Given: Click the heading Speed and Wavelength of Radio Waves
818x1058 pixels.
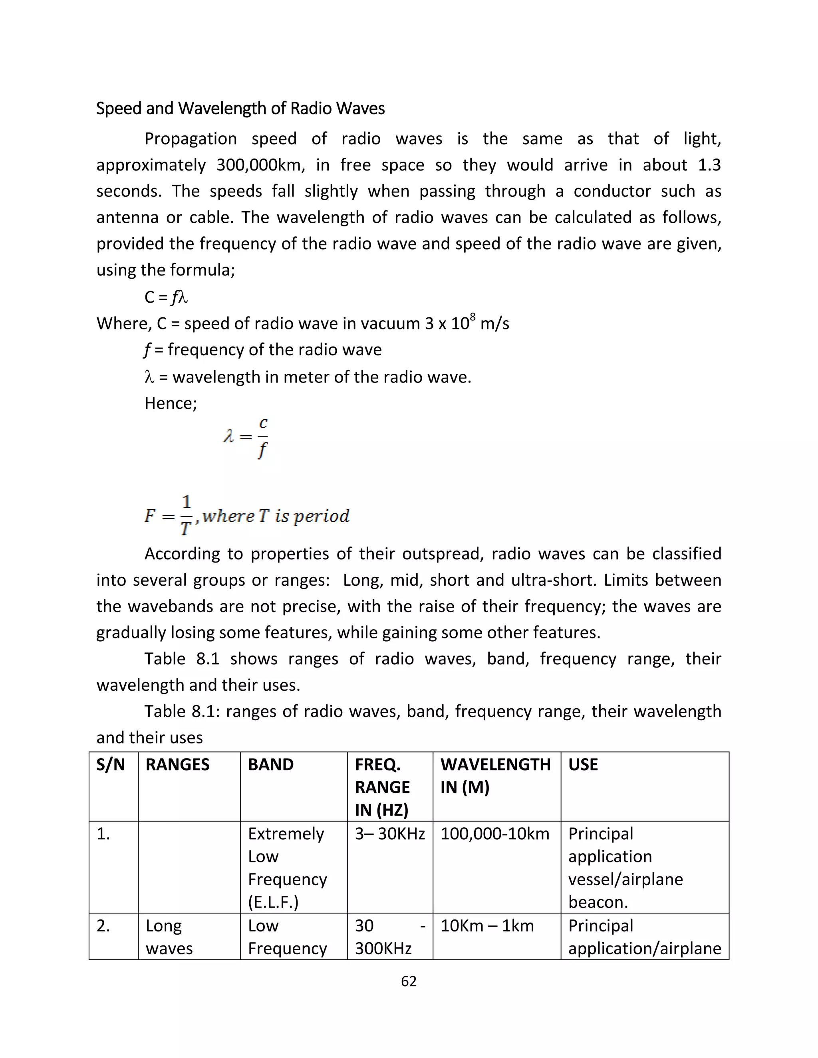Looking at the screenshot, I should click(x=240, y=109).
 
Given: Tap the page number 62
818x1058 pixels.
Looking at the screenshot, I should click(x=409, y=981).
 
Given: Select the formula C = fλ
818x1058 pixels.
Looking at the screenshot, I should click(x=166, y=297).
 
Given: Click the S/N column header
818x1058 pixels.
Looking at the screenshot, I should click(x=111, y=765).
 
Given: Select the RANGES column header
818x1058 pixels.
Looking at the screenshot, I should click(x=177, y=765).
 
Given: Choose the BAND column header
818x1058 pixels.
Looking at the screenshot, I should click(x=271, y=765).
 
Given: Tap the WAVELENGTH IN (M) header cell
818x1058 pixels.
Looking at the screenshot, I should click(x=495, y=776).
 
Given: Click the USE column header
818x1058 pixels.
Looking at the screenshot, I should click(x=583, y=765).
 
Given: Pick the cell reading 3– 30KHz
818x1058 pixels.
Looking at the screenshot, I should click(x=389, y=834).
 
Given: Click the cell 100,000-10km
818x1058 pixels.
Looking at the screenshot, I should click(x=495, y=834).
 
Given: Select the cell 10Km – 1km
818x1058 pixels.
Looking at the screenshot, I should click(x=487, y=926).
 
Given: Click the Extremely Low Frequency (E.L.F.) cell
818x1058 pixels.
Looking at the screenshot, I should click(x=287, y=868).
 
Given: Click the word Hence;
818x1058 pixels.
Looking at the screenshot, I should click(x=171, y=403).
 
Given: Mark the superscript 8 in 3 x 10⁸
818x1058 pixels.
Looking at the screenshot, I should click(x=473, y=317).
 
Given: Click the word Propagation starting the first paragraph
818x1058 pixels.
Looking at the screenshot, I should click(x=191, y=139).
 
